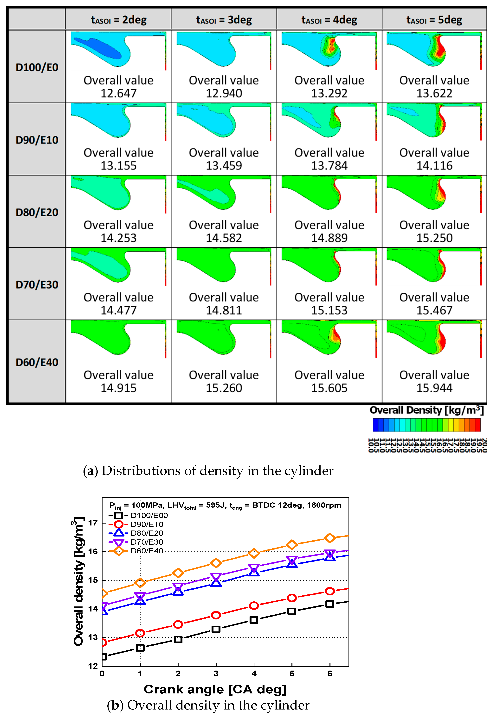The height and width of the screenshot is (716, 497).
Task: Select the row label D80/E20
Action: (x=37, y=212)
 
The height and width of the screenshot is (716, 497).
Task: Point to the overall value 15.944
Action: (x=434, y=388)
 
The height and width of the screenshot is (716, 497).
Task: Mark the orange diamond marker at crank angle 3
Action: (x=216, y=563)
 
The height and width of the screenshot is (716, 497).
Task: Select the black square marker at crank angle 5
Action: (x=292, y=611)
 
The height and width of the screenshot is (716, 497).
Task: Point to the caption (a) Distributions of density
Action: (x=208, y=471)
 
